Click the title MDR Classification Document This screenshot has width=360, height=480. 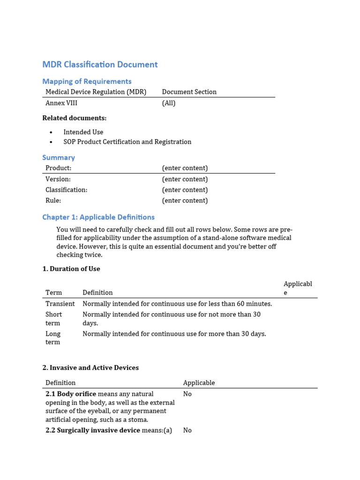100,65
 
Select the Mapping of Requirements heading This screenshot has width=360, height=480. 87,81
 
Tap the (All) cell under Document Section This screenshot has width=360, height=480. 169,103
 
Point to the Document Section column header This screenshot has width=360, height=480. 189,92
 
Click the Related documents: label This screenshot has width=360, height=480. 74,118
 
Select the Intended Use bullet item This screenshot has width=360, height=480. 83,132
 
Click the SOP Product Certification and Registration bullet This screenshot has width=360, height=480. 127,142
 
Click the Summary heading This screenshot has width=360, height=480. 59,157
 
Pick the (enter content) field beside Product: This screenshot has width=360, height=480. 185,168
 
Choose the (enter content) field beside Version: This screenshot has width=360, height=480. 185,179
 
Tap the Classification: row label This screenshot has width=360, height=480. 66,190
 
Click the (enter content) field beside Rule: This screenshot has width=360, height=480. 185,201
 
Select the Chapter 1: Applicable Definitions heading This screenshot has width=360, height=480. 98,217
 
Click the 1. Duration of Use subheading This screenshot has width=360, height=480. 71,269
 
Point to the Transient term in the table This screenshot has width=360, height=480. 60,304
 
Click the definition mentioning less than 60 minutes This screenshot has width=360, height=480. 177,304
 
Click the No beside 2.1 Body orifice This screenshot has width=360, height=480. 187,394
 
